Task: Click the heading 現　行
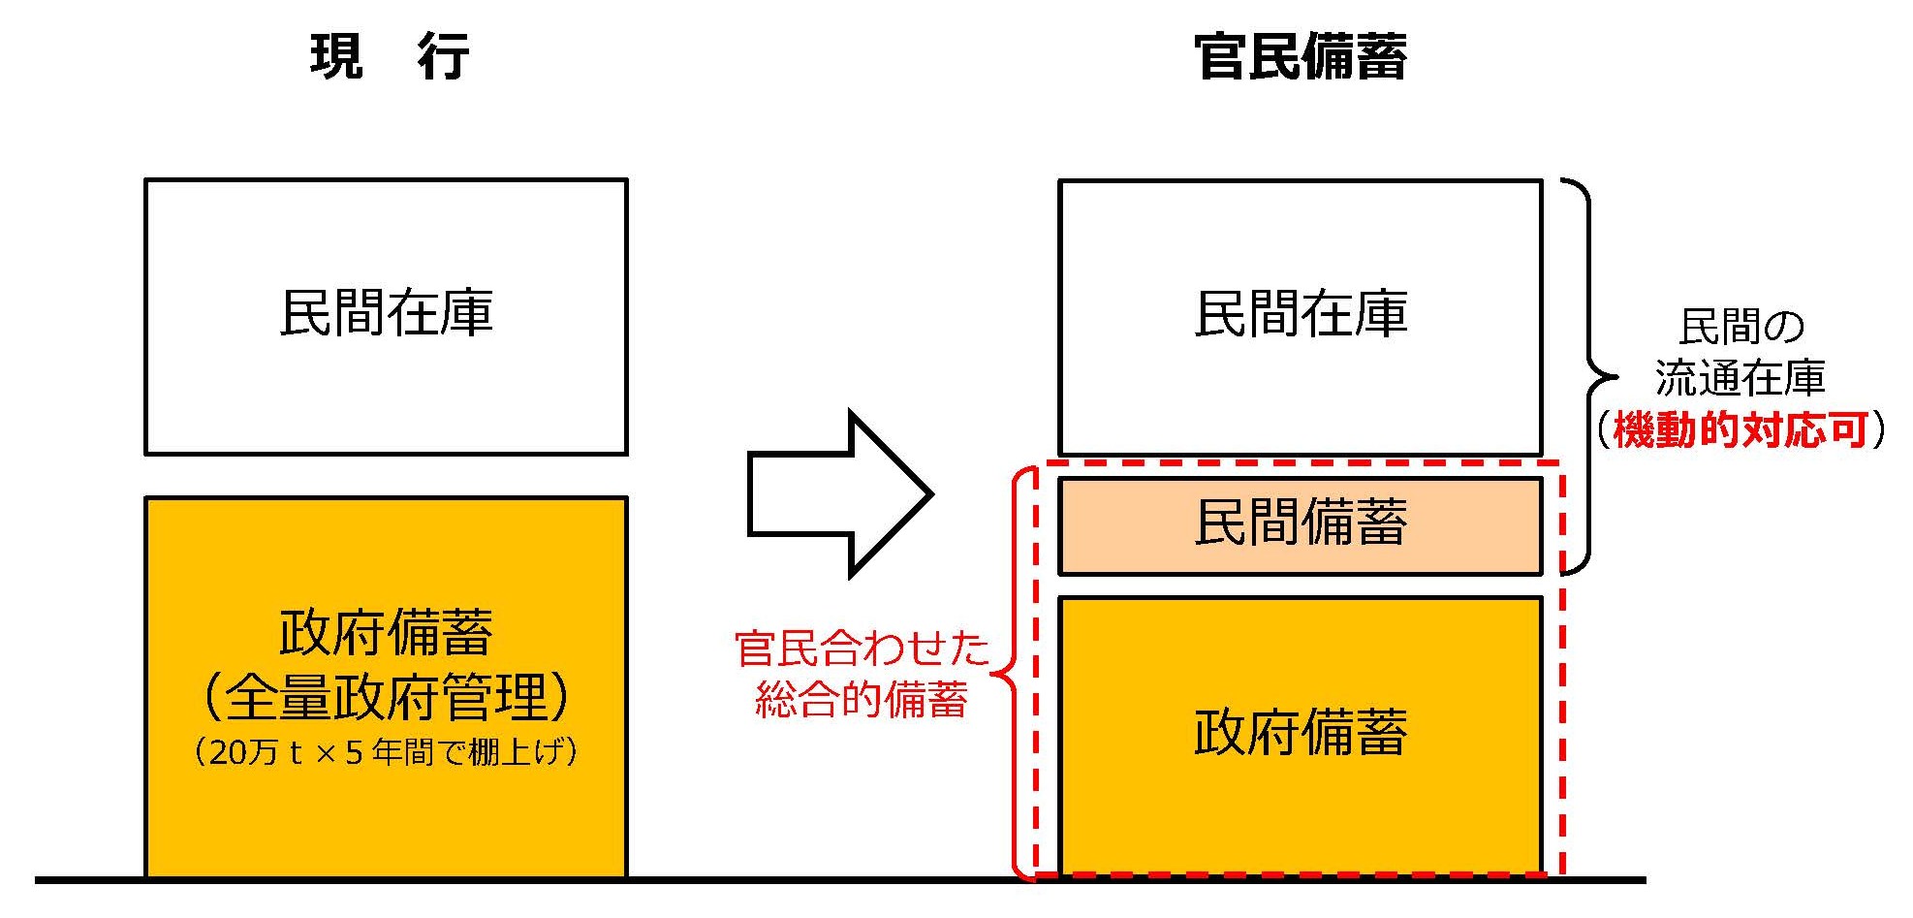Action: [390, 56]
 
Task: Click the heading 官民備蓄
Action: [1301, 56]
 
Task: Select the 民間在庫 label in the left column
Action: [386, 313]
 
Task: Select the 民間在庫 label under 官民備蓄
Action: [1301, 314]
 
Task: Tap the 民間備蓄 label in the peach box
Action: [1301, 523]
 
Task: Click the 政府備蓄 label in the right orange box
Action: [1301, 732]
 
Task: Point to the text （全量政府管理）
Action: [386, 696]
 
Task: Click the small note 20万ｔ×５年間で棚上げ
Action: [386, 752]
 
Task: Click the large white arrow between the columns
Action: [839, 493]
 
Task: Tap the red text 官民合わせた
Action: [862, 648]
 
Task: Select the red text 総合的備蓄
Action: [862, 700]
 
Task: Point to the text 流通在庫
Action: [1741, 378]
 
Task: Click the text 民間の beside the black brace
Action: [1741, 328]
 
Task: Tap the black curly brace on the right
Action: [1589, 376]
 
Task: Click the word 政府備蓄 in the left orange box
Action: [386, 633]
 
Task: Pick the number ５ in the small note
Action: [354, 753]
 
